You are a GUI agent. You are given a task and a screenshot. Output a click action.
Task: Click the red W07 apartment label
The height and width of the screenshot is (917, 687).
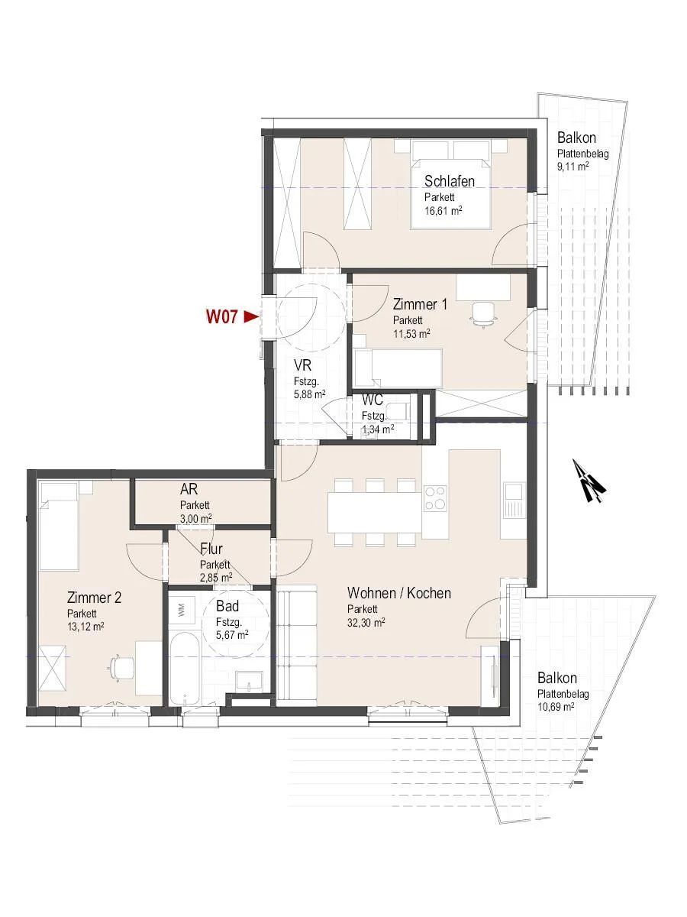pos(221,316)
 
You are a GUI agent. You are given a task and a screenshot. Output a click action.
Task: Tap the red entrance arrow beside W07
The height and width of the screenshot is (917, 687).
pos(251,316)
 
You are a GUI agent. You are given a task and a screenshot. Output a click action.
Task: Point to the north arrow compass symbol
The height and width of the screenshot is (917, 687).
pos(589,481)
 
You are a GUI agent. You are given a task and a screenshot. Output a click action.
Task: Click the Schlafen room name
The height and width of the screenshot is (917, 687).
pos(450,181)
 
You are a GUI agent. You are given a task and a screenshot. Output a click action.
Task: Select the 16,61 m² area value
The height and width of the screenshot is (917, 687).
pos(443,210)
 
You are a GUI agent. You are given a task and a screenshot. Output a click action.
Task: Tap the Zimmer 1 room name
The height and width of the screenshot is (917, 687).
pos(420,304)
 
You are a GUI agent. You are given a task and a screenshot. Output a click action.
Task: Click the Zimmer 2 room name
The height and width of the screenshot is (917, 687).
pos(94,598)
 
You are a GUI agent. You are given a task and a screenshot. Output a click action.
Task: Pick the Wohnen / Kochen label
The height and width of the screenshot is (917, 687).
pos(399,593)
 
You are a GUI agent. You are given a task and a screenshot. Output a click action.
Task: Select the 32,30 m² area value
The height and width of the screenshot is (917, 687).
pos(366,623)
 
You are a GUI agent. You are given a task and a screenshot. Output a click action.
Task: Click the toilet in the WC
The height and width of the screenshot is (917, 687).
pos(399,411)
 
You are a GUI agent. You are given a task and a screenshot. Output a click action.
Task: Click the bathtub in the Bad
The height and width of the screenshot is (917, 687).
pos(185,669)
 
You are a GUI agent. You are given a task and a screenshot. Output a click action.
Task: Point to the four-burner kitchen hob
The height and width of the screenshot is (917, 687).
pos(435,498)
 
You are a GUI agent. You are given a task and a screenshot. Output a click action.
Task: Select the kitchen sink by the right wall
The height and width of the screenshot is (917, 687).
pos(513,499)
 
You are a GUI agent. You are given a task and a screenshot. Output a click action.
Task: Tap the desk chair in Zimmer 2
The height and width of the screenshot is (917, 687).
pos(121,667)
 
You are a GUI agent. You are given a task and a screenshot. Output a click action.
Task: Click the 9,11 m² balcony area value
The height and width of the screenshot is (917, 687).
pos(573,167)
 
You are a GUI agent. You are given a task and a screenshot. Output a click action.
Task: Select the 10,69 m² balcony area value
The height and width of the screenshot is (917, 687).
pos(556,706)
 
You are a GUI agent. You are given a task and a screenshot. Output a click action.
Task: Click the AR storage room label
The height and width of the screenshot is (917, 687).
pos(189,489)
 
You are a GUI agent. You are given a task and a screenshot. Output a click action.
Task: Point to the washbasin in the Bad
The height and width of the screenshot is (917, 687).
pos(249,682)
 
